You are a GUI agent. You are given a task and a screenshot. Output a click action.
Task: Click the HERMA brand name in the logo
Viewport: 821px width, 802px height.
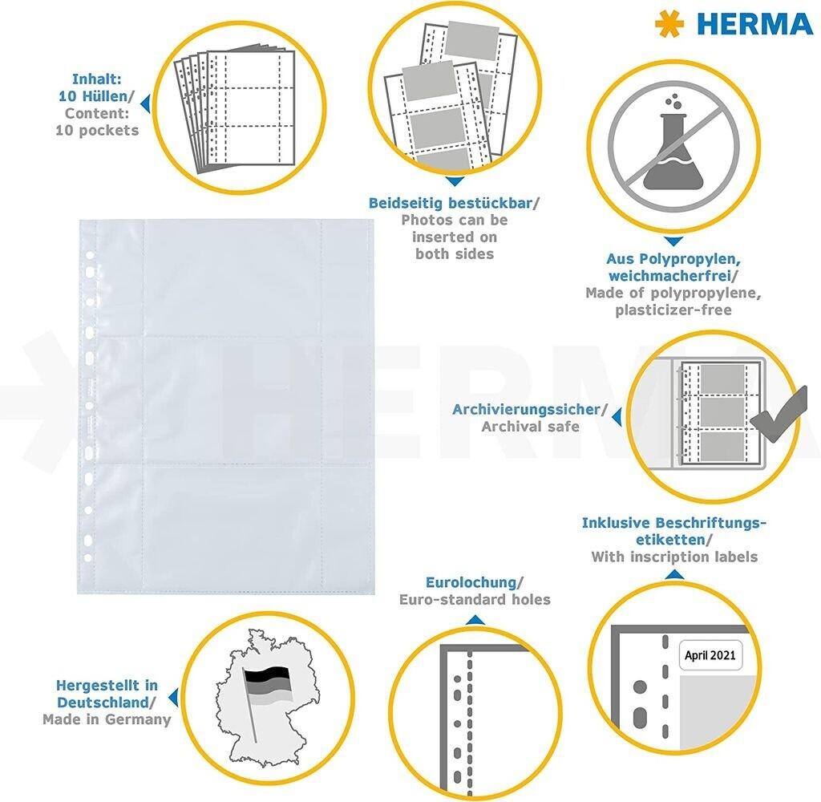click(754, 24)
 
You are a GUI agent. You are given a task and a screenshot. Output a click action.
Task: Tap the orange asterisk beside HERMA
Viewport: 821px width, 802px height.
click(669, 24)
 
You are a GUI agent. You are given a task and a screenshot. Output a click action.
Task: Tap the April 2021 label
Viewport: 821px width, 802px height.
click(710, 654)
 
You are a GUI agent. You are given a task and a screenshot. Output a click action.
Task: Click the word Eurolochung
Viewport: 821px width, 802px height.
click(471, 582)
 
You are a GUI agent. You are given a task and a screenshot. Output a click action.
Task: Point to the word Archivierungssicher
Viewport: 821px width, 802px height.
click(526, 409)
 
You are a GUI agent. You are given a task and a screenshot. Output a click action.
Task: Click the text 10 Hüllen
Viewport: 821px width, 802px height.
click(93, 96)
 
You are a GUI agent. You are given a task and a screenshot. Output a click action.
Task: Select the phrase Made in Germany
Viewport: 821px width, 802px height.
click(107, 719)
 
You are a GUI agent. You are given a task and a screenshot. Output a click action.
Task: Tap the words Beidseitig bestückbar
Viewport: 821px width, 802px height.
click(451, 203)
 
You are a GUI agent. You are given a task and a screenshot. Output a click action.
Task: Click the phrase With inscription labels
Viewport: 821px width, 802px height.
click(674, 557)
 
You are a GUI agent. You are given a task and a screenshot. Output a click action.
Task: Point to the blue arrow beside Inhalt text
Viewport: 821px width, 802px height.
click(145, 103)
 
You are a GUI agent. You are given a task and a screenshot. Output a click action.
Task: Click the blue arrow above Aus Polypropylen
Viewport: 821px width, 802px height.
click(673, 241)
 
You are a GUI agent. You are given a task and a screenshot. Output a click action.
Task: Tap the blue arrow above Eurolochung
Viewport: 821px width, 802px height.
click(475, 620)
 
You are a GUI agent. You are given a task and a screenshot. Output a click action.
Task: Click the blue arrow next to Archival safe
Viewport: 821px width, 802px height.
click(617, 417)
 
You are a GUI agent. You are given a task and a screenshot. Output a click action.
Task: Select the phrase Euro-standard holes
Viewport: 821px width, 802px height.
click(475, 599)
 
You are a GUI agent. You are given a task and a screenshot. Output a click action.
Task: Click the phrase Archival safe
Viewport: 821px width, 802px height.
click(531, 427)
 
